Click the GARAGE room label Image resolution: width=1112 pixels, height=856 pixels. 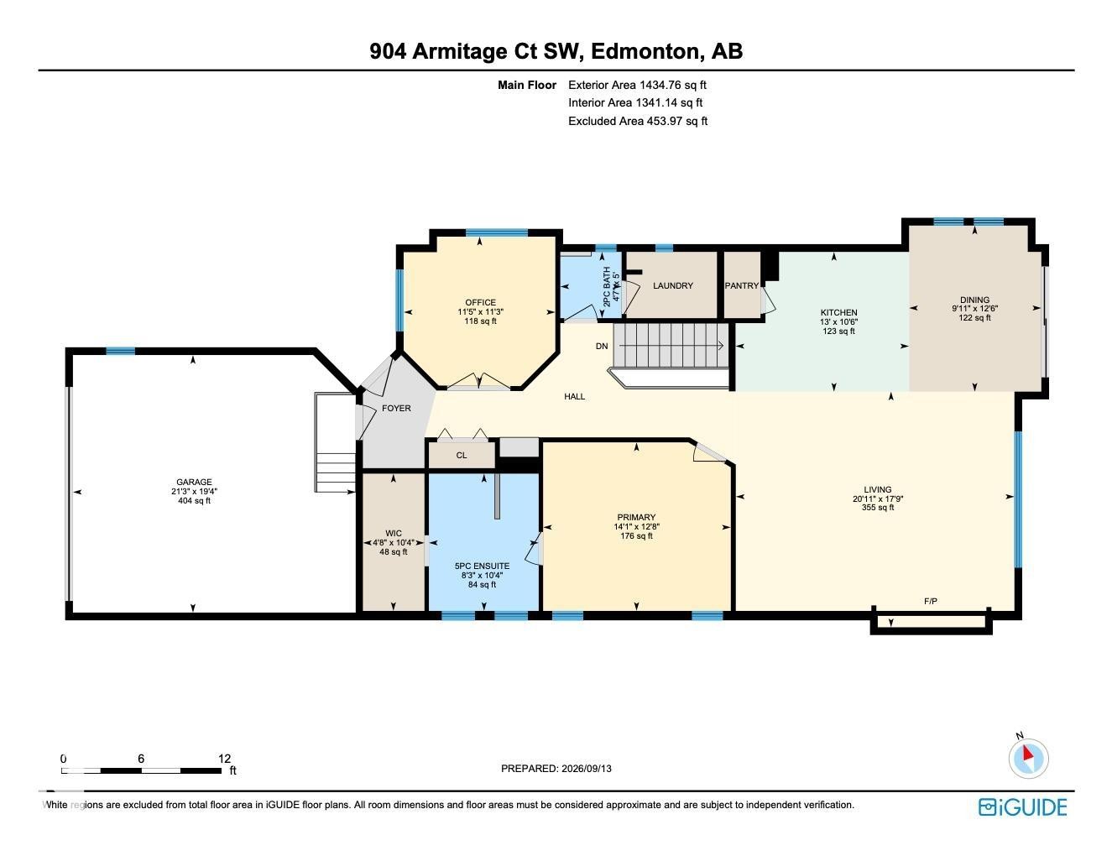[194, 482]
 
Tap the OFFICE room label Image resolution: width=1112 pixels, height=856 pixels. [480, 302]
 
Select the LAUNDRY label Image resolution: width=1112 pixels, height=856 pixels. [672, 285]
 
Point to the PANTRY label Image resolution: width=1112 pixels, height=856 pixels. [741, 285]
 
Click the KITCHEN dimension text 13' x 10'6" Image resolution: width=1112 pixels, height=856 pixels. [838, 321]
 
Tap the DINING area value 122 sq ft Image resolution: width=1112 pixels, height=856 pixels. [974, 318]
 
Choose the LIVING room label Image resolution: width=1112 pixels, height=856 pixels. [877, 489]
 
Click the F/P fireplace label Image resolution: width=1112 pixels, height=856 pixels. [931, 601]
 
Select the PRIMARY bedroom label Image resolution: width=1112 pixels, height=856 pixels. [635, 517]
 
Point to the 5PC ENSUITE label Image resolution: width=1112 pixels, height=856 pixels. [482, 566]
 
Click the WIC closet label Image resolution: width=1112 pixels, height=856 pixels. [393, 533]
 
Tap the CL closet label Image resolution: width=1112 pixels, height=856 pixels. [461, 455]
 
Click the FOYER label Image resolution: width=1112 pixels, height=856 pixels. [396, 408]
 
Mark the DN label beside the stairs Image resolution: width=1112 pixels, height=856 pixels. [601, 346]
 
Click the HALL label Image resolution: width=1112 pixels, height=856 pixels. [574, 396]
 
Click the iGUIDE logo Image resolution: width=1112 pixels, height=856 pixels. [1022, 806]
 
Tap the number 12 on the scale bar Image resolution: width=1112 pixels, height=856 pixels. [224, 759]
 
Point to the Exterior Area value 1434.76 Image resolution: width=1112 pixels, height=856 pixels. [660, 85]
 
